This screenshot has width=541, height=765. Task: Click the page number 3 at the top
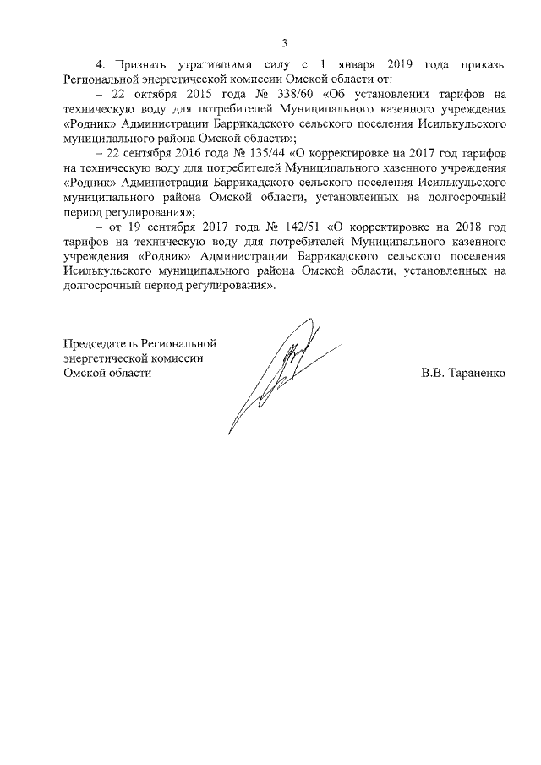click(284, 43)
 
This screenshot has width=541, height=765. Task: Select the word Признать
click(139, 64)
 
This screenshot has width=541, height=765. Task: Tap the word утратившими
click(216, 64)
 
